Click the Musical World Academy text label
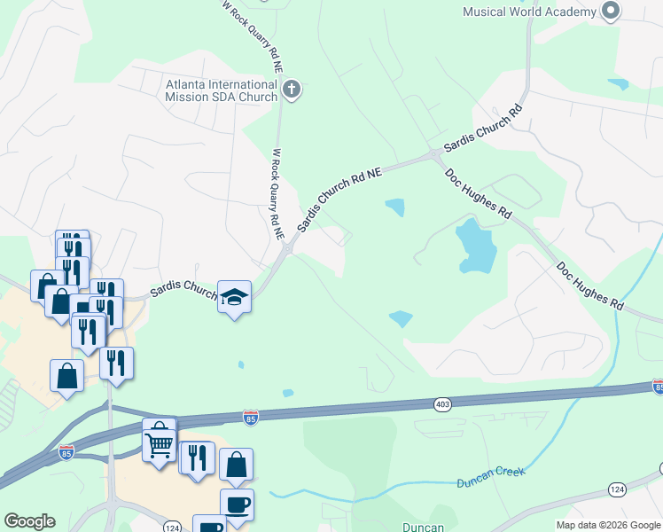click(529, 12)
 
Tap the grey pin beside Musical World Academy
click(610, 12)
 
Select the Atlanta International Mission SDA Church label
click(222, 90)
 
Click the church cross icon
click(292, 89)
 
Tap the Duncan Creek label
click(491, 478)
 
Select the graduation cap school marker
click(235, 297)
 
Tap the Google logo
click(29, 521)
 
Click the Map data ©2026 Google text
click(608, 525)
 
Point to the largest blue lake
click(473, 246)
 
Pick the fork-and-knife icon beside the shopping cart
click(198, 458)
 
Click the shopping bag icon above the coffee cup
click(236, 465)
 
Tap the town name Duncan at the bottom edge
click(423, 527)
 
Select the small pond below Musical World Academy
click(618, 84)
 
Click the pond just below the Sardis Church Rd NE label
click(394, 207)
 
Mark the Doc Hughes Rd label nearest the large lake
click(479, 194)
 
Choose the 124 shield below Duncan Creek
click(617, 489)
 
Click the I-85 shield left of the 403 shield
click(252, 416)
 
